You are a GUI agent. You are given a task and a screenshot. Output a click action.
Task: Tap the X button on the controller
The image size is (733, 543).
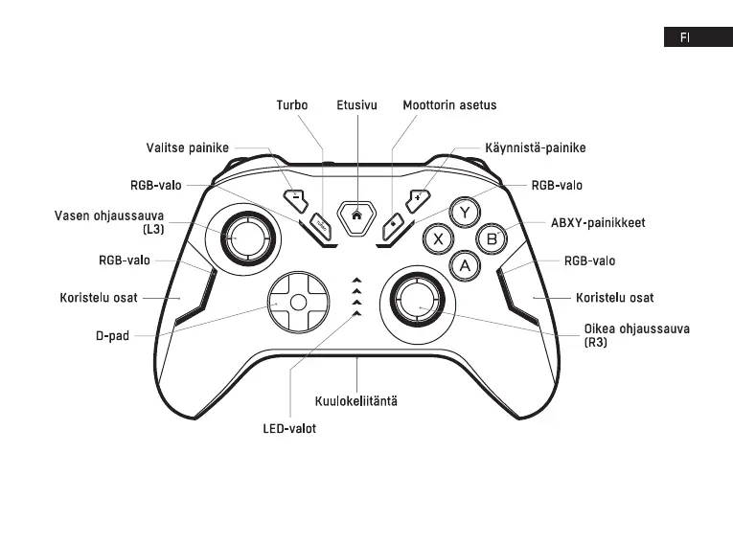[x=439, y=238]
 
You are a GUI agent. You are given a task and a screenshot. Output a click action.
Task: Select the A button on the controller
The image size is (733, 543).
[x=466, y=265]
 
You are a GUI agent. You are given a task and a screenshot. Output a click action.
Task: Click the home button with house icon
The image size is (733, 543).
[x=356, y=215]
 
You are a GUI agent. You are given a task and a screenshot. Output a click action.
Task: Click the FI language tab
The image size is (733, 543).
[x=686, y=37]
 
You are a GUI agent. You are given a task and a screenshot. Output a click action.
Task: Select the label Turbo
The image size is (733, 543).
[x=292, y=104]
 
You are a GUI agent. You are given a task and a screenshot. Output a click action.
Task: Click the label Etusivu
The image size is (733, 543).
[x=355, y=104]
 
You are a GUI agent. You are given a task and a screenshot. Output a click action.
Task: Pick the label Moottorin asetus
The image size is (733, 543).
[x=449, y=104]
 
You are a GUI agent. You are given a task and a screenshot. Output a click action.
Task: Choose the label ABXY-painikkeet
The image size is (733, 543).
[x=598, y=222]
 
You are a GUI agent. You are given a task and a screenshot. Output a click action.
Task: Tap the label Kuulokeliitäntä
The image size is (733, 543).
[x=356, y=400]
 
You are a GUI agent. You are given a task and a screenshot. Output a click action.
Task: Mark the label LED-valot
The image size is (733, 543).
[x=289, y=428]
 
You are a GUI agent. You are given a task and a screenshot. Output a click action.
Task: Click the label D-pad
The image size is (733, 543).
[x=112, y=336]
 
